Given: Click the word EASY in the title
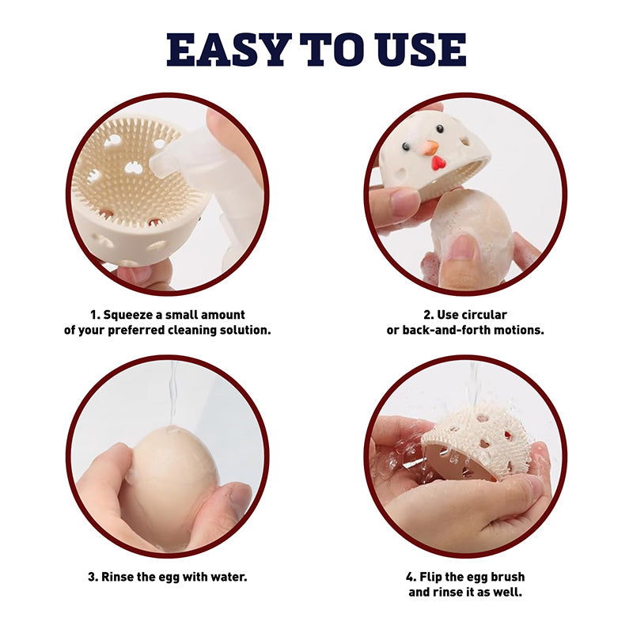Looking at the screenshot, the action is pyautogui.click(x=229, y=50).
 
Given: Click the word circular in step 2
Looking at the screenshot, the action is pyautogui.click(x=484, y=314).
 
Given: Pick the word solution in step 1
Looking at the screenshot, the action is pyautogui.click(x=245, y=330).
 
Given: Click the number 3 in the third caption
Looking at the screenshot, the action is pyautogui.click(x=92, y=577).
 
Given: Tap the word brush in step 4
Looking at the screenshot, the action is pyautogui.click(x=506, y=577).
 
